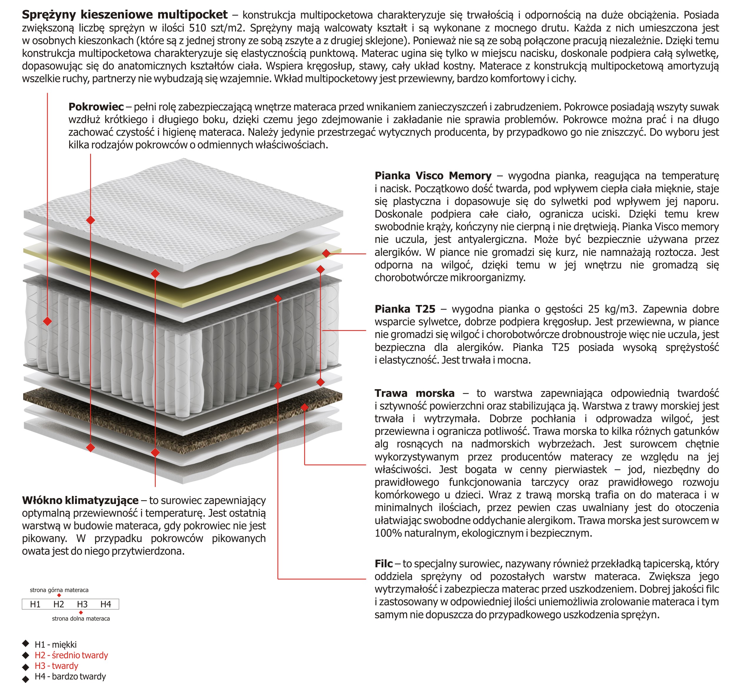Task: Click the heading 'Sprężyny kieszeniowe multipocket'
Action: click(125, 15)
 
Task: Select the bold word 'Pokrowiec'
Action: click(96, 107)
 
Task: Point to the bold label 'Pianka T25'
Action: click(405, 309)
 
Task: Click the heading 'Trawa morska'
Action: click(415, 393)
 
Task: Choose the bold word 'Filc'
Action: click(383, 564)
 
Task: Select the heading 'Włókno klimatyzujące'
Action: click(80, 500)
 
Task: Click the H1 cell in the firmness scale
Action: click(35, 604)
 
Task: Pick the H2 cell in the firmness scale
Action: click(59, 604)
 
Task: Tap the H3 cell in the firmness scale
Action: click(82, 604)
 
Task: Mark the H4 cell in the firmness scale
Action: click(106, 604)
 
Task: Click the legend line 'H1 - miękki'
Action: click(55, 644)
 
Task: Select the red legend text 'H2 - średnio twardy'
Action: click(71, 655)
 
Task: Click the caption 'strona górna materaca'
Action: click(59, 590)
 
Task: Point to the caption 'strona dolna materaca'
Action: click(81, 618)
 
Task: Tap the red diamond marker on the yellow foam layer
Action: click(326, 253)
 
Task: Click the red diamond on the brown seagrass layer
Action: click(304, 407)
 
